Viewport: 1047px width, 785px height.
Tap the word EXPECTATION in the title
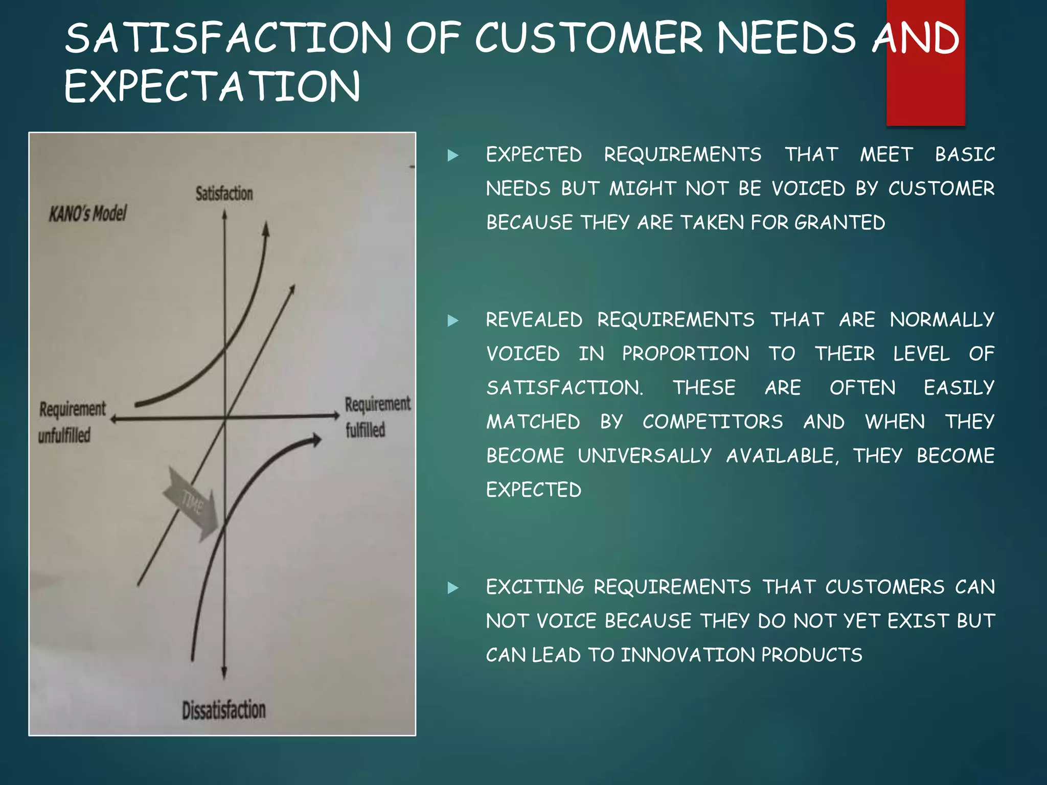click(212, 86)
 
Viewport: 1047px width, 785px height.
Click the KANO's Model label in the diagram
click(87, 213)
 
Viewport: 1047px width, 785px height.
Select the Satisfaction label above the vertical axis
click(224, 194)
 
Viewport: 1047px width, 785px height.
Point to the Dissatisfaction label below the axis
click(224, 710)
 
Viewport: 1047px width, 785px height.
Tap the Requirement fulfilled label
click(377, 417)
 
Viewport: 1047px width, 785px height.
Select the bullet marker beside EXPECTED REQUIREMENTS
click(453, 155)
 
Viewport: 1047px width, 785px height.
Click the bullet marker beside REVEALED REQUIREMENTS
click(453, 320)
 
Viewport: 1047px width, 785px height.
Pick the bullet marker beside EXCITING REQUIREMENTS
click(453, 588)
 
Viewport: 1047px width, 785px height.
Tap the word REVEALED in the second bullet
click(534, 320)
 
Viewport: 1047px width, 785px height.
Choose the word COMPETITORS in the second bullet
click(713, 422)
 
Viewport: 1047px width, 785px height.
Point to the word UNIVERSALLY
click(644, 456)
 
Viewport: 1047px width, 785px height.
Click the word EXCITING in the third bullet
click(535, 587)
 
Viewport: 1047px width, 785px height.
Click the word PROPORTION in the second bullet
click(686, 354)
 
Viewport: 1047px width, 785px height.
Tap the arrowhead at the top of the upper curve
click(266, 228)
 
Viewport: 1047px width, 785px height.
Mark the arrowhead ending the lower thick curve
click(316, 440)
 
